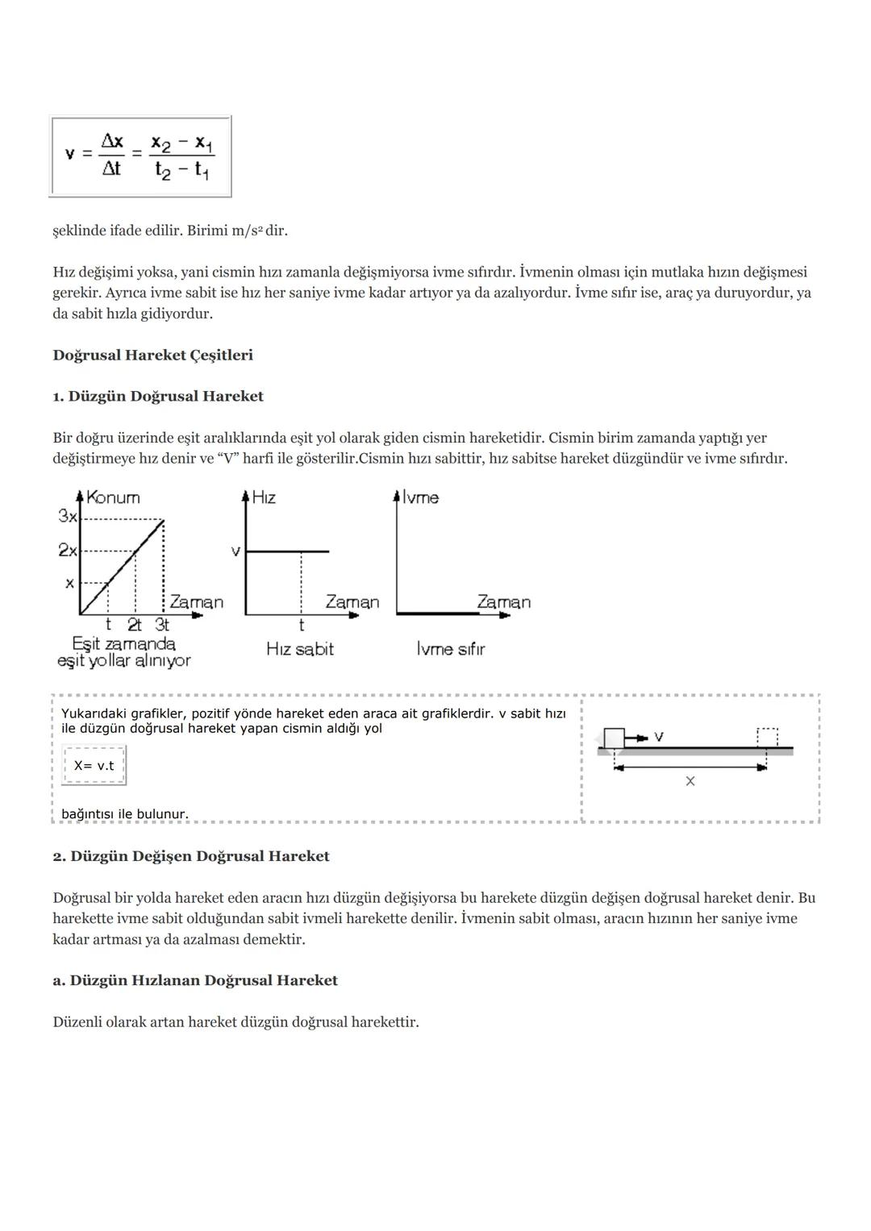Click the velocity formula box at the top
[140, 156]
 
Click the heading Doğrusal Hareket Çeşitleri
[152, 355]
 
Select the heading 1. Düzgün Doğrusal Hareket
[158, 396]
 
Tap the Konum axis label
[113, 497]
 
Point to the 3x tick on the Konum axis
[68, 516]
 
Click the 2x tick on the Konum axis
[68, 550]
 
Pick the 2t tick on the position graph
[135, 625]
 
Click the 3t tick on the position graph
[162, 625]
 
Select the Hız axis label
[264, 497]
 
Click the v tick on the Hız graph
[235, 551]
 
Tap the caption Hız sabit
[300, 649]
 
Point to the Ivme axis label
[420, 497]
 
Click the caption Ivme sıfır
[451, 649]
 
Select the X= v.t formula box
[94, 765]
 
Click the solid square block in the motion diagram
[614, 738]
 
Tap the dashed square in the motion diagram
[767, 738]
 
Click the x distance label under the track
[690, 780]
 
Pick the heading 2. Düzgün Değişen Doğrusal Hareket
[191, 856]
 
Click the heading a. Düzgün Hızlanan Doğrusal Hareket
[195, 980]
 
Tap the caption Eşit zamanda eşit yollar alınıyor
[124, 652]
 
